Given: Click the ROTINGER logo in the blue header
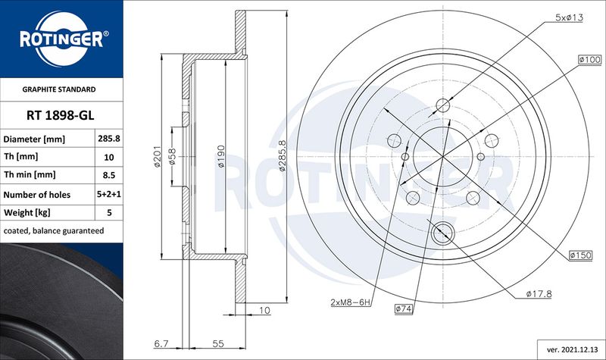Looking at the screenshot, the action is [62, 39].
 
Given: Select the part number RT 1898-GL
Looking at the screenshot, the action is [61, 115].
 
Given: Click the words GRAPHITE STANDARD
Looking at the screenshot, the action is [59, 89].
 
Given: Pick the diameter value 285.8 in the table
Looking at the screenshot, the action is [109, 139].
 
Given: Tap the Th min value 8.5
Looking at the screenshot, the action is [109, 175].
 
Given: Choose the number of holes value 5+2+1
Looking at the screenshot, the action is [109, 194].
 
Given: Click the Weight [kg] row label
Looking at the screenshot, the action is [27, 212].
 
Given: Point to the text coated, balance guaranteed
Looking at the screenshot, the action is [54, 231].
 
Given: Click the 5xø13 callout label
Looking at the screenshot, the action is [569, 17].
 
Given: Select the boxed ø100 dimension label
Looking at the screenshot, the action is [590, 60].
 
